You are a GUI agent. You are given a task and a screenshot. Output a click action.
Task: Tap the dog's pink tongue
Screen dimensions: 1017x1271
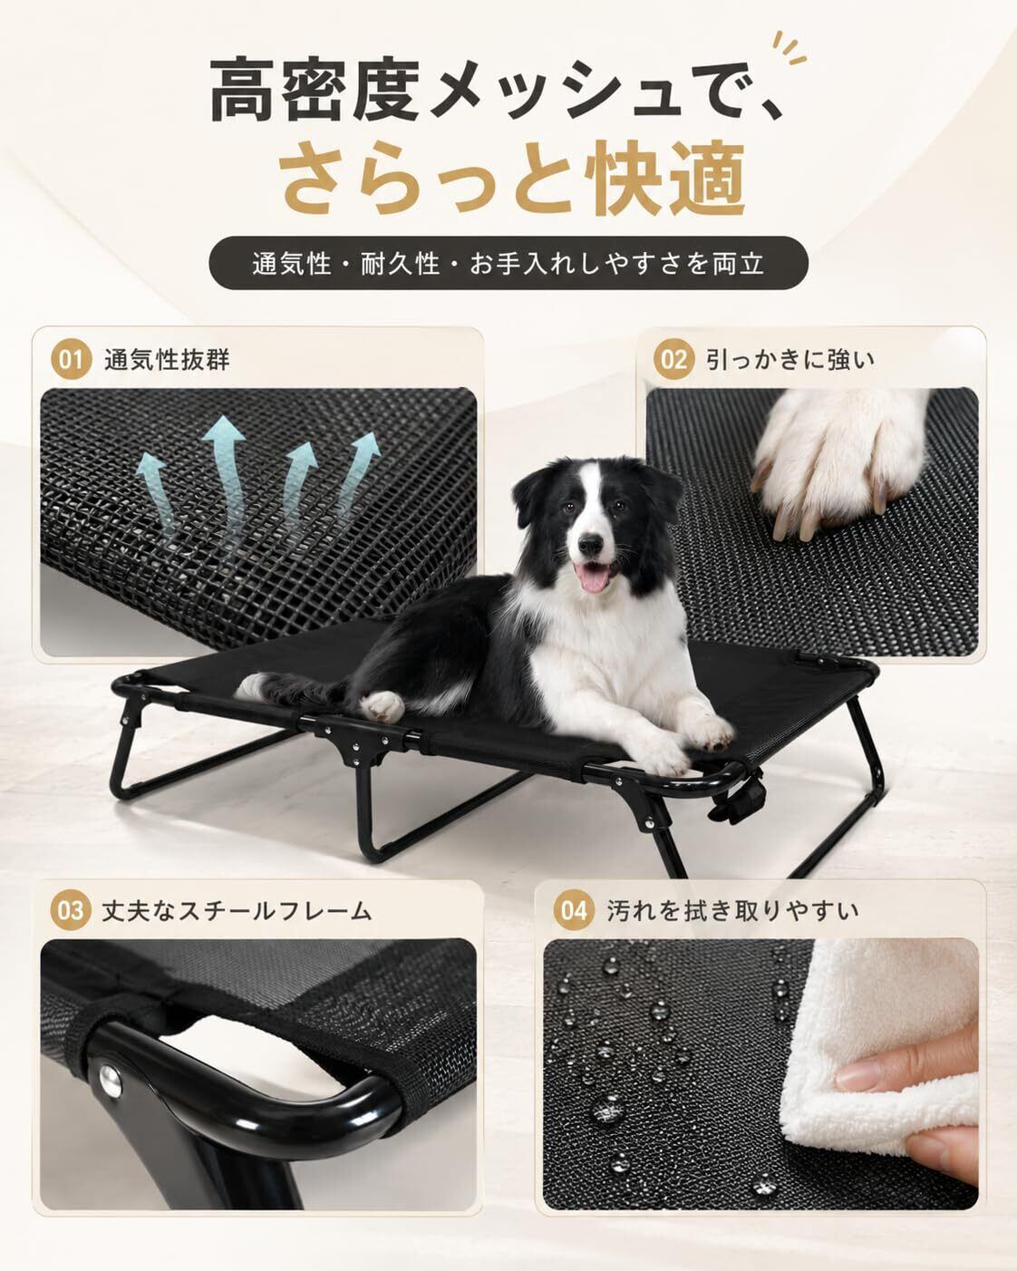593,577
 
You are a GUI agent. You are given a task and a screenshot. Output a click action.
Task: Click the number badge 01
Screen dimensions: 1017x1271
71,359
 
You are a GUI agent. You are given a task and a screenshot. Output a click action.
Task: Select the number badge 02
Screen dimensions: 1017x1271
673,359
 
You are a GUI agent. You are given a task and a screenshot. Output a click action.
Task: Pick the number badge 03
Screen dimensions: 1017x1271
71,911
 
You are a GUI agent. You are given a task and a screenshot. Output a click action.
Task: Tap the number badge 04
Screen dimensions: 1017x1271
574,911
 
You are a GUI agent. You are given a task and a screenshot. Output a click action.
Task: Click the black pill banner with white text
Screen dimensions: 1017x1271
508,263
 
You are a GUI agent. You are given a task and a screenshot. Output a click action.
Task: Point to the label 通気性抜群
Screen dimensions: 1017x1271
167,359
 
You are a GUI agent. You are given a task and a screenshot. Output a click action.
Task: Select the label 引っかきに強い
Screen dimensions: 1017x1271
790,359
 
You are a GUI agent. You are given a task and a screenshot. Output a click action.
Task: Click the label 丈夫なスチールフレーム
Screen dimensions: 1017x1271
237,911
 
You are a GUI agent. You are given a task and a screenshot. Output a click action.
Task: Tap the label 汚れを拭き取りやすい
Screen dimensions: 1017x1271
733,911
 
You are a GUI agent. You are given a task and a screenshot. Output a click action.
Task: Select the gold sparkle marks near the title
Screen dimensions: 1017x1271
789,48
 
